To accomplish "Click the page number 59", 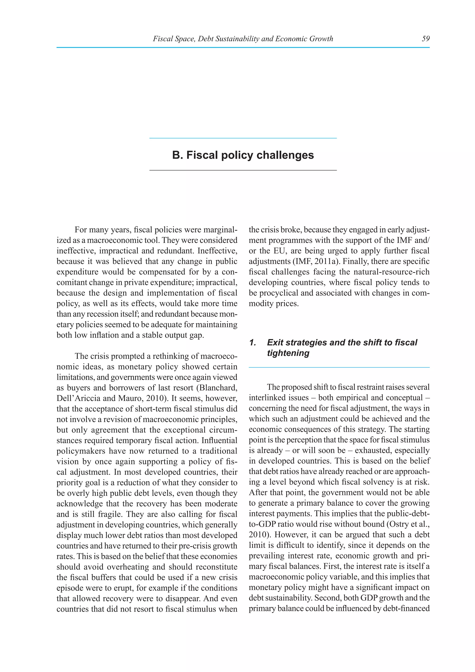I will (x=426, y=39).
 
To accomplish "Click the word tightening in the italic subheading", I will (x=288, y=353).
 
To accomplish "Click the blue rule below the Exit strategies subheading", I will (x=339, y=367).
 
